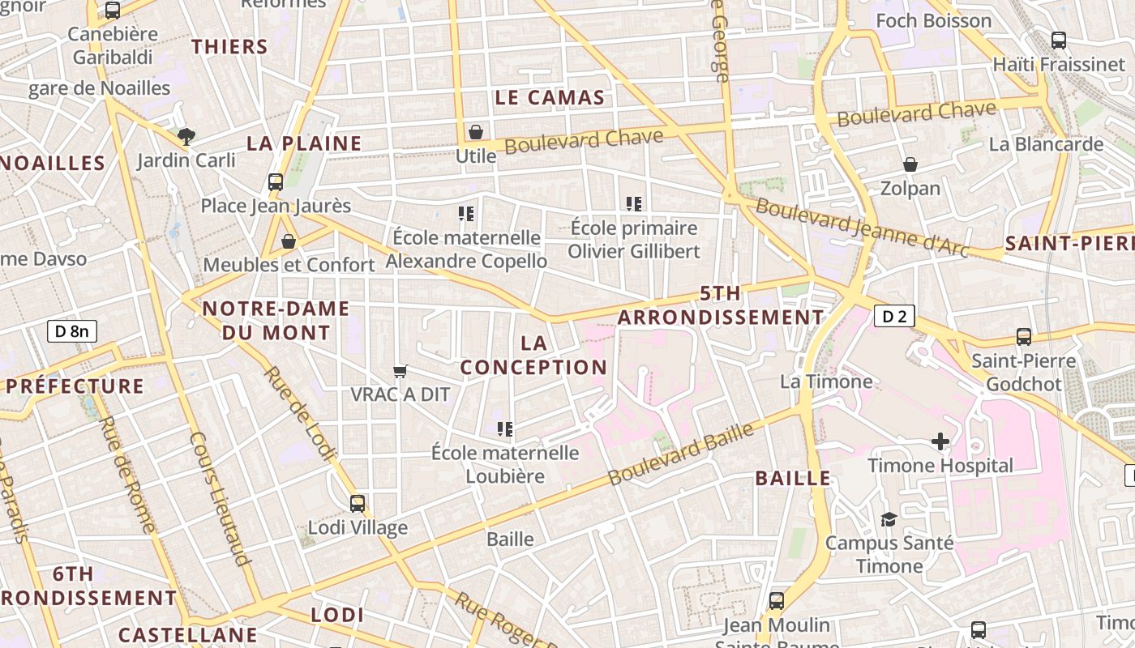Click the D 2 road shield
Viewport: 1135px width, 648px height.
[894, 316]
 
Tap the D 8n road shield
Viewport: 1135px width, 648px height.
[72, 330]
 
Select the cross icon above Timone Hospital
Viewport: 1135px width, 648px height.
[940, 441]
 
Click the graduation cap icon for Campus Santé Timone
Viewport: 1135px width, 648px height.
[889, 518]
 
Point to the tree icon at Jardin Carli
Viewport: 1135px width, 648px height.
[186, 136]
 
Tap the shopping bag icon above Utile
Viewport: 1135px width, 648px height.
[476, 131]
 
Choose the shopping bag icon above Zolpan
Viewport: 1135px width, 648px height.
[910, 164]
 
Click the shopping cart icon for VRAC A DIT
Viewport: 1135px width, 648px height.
[400, 371]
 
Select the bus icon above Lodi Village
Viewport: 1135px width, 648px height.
[358, 503]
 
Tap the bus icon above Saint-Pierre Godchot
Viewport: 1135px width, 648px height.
[1024, 336]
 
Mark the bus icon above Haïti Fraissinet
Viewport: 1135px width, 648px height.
[1058, 40]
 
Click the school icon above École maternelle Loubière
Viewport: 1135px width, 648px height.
[505, 428]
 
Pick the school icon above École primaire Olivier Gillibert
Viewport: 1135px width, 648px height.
[634, 203]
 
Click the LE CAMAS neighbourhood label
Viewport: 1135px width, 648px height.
[550, 98]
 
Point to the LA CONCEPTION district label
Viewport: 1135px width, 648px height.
[533, 355]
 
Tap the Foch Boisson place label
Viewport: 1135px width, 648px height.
[934, 20]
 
